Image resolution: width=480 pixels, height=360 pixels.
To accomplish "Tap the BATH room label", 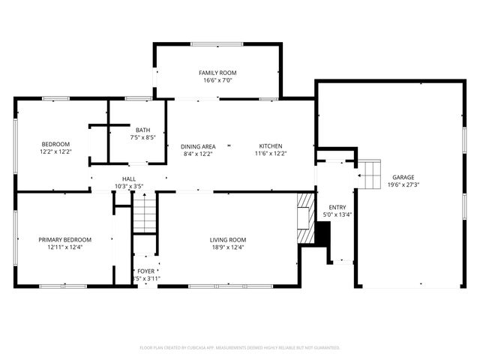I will pyautogui.click(x=142, y=130).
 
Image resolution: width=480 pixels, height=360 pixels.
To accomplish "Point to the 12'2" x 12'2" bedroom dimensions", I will pyautogui.click(x=55, y=151).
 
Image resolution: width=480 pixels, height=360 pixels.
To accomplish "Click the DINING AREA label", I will pyautogui.click(x=198, y=146).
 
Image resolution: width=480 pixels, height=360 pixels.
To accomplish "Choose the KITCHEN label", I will pyautogui.click(x=271, y=146).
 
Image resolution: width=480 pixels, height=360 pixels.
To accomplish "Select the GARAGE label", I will pyautogui.click(x=403, y=176).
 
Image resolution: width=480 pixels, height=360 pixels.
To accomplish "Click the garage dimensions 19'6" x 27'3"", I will pyautogui.click(x=403, y=184).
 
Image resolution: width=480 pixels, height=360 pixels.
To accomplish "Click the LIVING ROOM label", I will pyautogui.click(x=227, y=240).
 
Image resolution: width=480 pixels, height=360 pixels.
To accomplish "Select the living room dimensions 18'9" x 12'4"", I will pyautogui.click(x=227, y=247).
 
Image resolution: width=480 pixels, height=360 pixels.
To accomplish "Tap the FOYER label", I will pyautogui.click(x=145, y=271).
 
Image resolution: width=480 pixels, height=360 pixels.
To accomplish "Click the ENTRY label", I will pyautogui.click(x=337, y=207).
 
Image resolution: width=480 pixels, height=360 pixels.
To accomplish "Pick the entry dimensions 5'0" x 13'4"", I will pyautogui.click(x=337, y=214).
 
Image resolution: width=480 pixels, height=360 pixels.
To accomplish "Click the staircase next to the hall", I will pyautogui.click(x=143, y=213).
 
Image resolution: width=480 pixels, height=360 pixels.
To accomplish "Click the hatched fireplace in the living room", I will pyautogui.click(x=304, y=218).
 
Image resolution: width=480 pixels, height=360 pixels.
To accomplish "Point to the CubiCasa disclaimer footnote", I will pyautogui.click(x=240, y=347).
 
